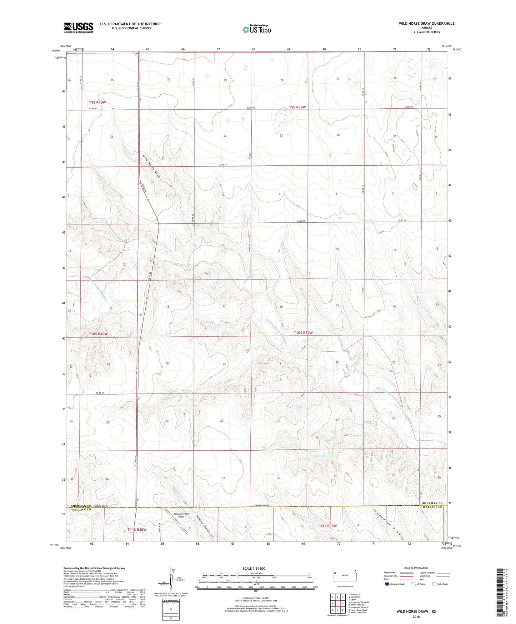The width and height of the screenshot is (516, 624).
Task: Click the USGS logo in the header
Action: click(x=78, y=28)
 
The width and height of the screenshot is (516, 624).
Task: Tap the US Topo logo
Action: click(x=256, y=29)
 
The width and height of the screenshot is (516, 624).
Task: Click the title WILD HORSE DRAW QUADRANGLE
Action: click(x=426, y=24)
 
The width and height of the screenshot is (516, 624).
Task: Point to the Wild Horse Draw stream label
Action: click(x=151, y=166)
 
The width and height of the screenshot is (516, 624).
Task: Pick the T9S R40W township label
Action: click(x=97, y=102)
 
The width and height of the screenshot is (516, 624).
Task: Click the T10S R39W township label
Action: click(x=303, y=333)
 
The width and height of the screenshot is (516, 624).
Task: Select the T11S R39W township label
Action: click(x=327, y=526)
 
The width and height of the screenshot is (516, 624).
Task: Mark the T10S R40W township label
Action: click(x=98, y=334)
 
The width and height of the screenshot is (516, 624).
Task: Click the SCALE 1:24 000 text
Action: click(x=254, y=568)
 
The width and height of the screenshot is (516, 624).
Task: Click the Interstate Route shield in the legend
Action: click(x=387, y=584)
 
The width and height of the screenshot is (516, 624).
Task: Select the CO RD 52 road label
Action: click(x=100, y=393)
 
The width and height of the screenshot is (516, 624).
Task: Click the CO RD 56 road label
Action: click(x=222, y=165)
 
